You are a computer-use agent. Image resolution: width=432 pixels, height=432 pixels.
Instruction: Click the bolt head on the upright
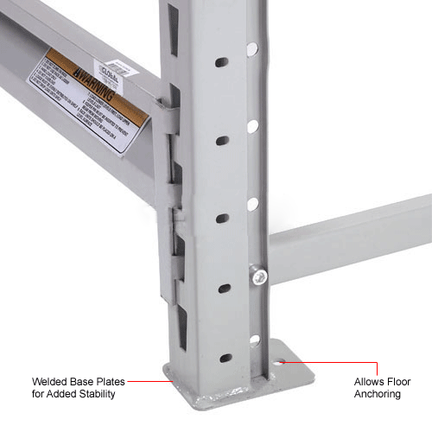click(257, 275)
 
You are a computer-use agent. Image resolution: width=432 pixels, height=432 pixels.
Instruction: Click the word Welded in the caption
click(51, 381)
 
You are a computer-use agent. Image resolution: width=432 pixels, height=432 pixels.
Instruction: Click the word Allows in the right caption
click(370, 381)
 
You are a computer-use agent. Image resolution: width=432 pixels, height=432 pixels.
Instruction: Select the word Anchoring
click(378, 394)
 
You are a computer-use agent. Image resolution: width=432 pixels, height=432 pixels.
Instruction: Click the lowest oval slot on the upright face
click(225, 358)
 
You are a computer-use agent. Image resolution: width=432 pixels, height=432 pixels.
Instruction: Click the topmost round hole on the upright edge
click(252, 49)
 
